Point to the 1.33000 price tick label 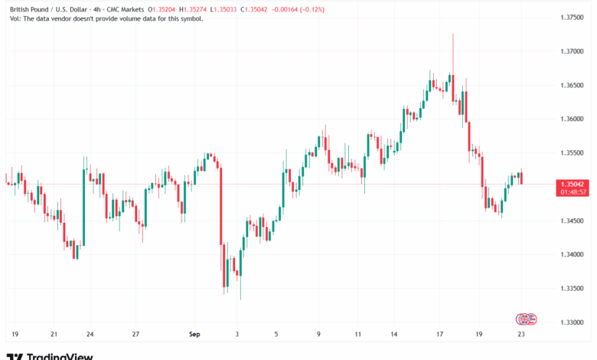[573, 322]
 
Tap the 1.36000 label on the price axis [573, 119]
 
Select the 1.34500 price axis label [573, 221]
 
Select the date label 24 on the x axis [90, 335]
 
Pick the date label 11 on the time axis [357, 335]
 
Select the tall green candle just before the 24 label [83, 203]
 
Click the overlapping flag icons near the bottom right [525, 318]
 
